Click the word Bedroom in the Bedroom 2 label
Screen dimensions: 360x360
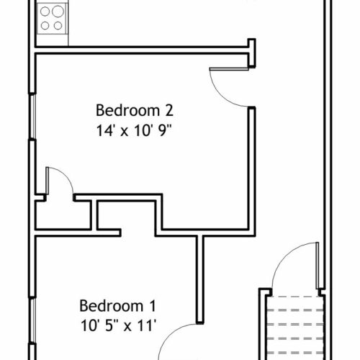(127, 110)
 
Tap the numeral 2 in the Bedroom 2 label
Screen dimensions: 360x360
(169, 110)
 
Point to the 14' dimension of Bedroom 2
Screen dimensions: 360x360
(104, 131)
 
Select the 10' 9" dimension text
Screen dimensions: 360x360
(153, 131)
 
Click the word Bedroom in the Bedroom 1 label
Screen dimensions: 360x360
(112, 306)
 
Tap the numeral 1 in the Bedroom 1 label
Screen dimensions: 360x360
(153, 306)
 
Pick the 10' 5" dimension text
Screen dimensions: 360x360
(100, 326)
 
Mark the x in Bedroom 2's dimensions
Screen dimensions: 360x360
(124, 132)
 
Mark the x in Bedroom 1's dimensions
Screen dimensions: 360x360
(127, 327)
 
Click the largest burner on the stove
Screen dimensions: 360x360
(58, 12)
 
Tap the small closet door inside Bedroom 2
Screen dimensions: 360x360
(48, 181)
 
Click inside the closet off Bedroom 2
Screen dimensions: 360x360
(63, 215)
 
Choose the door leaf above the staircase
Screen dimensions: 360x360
(318, 265)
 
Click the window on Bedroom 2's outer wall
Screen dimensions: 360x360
(32, 117)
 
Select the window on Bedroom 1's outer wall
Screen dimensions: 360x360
(32, 321)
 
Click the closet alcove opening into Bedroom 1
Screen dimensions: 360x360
(126, 216)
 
